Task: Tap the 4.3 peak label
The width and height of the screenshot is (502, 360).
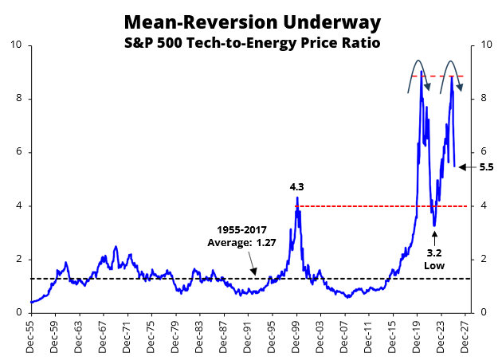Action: [298, 186]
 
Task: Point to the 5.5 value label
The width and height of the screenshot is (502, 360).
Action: [487, 167]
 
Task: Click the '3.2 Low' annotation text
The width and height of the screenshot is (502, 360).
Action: [434, 259]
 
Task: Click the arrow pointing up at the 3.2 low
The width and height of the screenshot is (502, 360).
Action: [434, 237]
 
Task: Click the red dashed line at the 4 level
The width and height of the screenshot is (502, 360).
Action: [359, 206]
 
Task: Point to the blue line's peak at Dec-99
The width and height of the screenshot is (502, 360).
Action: [297, 198]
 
